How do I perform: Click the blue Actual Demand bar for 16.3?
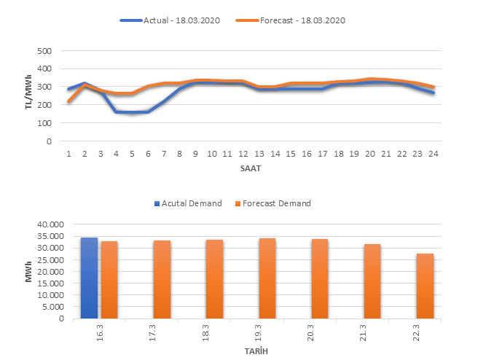89,278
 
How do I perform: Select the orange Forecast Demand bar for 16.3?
109,280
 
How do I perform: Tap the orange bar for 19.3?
267,278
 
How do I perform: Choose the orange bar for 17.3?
161,279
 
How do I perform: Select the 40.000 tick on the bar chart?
50,224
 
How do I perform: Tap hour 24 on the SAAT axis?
434,153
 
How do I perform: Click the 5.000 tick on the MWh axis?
52,307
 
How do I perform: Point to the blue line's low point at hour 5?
132,113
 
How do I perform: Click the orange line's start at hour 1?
68,101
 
